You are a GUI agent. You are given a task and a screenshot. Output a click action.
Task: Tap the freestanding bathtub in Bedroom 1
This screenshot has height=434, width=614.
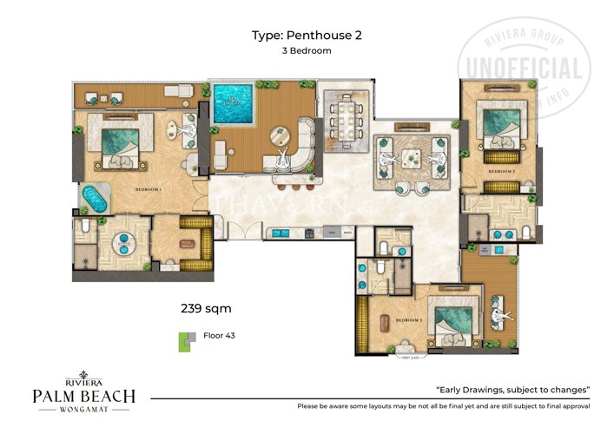pos(93,198)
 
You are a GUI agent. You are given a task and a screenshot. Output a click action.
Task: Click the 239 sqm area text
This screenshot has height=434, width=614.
pos(205,307)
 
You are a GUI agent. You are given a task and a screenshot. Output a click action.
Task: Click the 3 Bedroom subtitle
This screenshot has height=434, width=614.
pos(307,51)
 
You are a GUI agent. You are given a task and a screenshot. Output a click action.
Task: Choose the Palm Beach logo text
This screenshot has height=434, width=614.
pos(83,398)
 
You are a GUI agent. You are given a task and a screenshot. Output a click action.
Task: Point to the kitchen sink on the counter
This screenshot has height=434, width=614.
pos(282,233)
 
